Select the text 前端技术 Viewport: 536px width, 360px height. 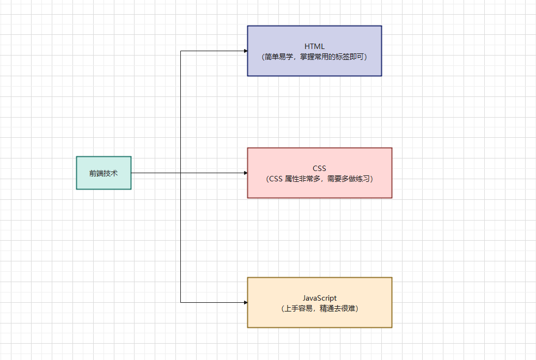click(x=103, y=173)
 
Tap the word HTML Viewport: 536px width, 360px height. click(x=314, y=46)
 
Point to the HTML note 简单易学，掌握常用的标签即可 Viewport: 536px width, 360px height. click(x=314, y=57)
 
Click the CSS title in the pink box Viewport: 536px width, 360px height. click(x=319, y=168)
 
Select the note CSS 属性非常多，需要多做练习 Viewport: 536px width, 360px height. click(x=319, y=179)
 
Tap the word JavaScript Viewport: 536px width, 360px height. click(x=319, y=298)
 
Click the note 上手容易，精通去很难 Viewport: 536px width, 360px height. click(x=319, y=308)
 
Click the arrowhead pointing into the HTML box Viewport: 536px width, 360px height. click(x=245, y=51)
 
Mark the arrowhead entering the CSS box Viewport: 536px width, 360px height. click(x=245, y=173)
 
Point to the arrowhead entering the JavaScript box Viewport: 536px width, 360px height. click(x=245, y=302)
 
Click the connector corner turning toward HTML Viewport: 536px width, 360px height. click(x=181, y=51)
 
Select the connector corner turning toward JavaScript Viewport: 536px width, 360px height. click(x=181, y=302)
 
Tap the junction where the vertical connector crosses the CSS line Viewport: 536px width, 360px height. click(x=181, y=173)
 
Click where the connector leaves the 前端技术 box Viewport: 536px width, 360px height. click(x=132, y=173)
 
